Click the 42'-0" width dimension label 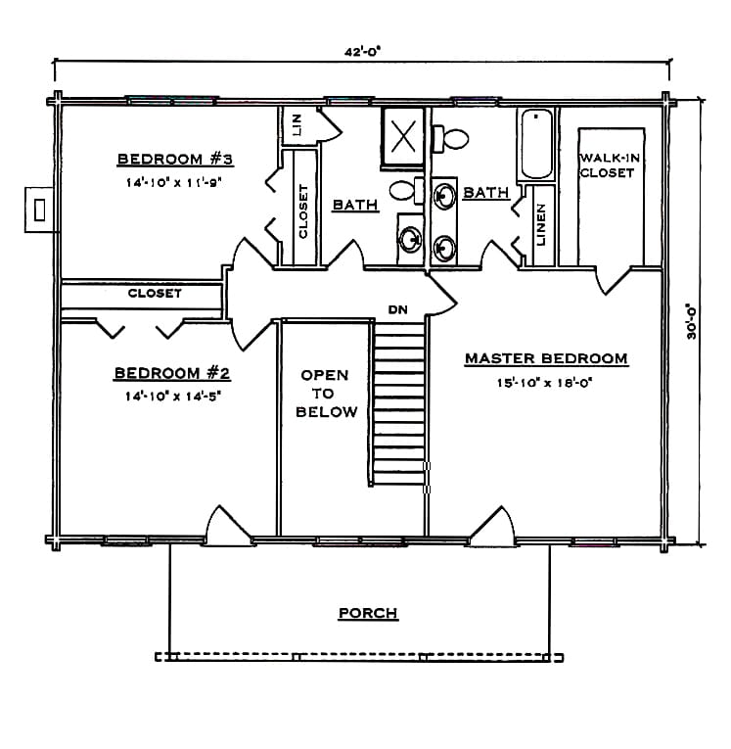tap(362, 51)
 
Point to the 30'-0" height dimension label tap(692, 321)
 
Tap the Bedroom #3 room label tap(175, 159)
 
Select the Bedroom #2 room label tap(172, 373)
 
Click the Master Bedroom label tap(546, 358)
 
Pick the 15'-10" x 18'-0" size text tap(544, 383)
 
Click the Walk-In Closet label tap(610, 165)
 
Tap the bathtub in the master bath tap(536, 144)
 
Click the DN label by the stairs tap(397, 310)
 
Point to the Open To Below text tap(326, 394)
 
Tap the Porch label tap(368, 613)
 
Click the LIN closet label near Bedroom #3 tap(297, 124)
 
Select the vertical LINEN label tap(540, 224)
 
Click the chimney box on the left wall tap(39, 210)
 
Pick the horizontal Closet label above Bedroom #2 tap(155, 294)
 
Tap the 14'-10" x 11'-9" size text tap(175, 182)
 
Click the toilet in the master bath tap(450, 138)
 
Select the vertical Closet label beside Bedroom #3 tap(303, 211)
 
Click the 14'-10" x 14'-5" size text tap(174, 396)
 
